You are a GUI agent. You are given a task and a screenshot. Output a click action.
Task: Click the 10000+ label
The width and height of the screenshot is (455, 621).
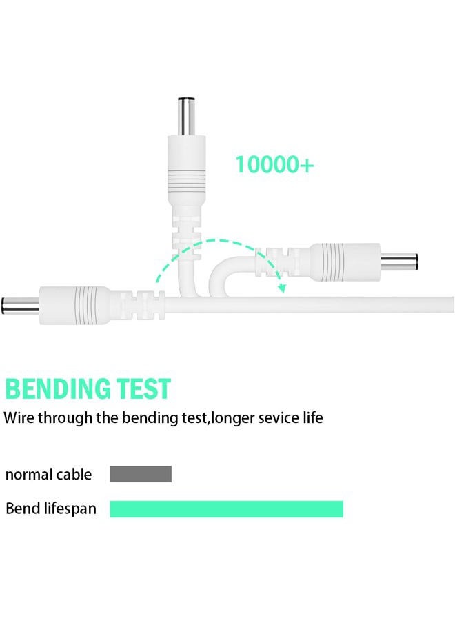click(x=274, y=164)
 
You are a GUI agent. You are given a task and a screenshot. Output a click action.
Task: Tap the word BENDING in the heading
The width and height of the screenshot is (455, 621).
click(x=58, y=388)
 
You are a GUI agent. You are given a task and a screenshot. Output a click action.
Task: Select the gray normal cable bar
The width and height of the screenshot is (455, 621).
click(x=141, y=474)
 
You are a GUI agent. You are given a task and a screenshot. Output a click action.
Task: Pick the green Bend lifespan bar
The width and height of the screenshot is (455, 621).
click(x=226, y=509)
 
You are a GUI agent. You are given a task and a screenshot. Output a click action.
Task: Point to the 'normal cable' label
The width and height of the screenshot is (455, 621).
click(x=48, y=475)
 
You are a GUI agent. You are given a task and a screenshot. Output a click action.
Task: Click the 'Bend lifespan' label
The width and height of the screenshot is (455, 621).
click(x=51, y=509)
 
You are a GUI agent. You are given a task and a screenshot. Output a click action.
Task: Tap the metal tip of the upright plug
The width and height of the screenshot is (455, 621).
click(x=186, y=117)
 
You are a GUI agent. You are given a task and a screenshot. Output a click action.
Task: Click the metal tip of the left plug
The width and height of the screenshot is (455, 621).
click(x=20, y=306)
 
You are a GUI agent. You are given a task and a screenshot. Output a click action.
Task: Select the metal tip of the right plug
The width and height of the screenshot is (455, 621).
click(x=399, y=262)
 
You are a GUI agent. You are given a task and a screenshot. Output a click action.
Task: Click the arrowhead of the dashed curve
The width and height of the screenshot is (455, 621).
click(x=282, y=287)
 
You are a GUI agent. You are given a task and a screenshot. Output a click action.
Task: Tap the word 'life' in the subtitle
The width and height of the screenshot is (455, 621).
click(x=312, y=417)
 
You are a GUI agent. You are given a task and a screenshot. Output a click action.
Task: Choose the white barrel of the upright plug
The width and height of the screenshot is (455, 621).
click(x=186, y=170)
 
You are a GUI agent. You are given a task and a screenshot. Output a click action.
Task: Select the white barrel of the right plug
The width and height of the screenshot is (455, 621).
click(x=345, y=262)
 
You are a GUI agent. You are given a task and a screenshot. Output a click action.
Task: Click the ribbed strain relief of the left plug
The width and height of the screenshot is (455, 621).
click(x=138, y=306)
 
